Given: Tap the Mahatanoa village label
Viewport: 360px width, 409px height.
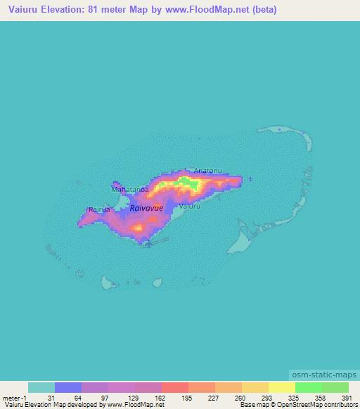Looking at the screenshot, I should pyautogui.click(x=129, y=189).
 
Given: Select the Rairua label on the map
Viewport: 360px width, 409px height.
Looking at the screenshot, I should pyautogui.click(x=98, y=209).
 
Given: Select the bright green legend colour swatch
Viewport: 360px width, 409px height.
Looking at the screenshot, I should pyautogui.click(x=309, y=387).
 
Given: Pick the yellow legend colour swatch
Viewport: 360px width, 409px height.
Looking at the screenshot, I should pyautogui.click(x=282, y=387).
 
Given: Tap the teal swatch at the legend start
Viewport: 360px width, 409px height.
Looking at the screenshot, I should pyautogui.click(x=41, y=387).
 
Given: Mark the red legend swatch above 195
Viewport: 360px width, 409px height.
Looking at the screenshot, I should pyautogui.click(x=175, y=387).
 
